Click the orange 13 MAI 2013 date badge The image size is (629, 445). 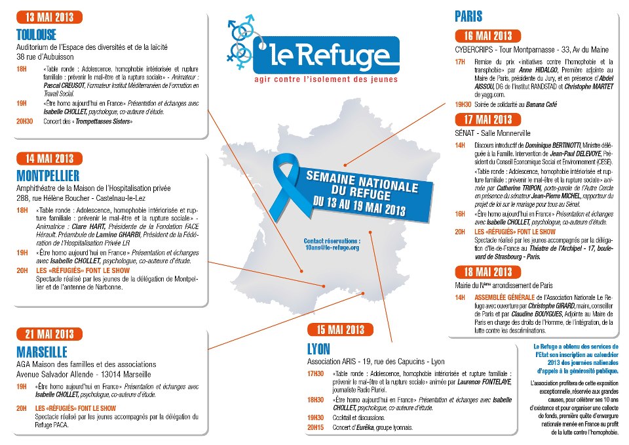50,16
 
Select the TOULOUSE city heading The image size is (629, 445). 36,35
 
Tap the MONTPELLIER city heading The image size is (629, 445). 48,175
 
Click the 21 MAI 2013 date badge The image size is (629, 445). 50,333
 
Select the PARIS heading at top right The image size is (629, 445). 468,16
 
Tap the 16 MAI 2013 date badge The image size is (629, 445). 488,35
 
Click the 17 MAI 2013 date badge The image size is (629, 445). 488,119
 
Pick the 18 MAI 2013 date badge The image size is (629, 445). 488,272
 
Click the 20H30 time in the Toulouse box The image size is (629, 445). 24,121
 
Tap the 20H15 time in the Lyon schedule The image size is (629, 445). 315,428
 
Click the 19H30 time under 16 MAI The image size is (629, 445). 463,104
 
